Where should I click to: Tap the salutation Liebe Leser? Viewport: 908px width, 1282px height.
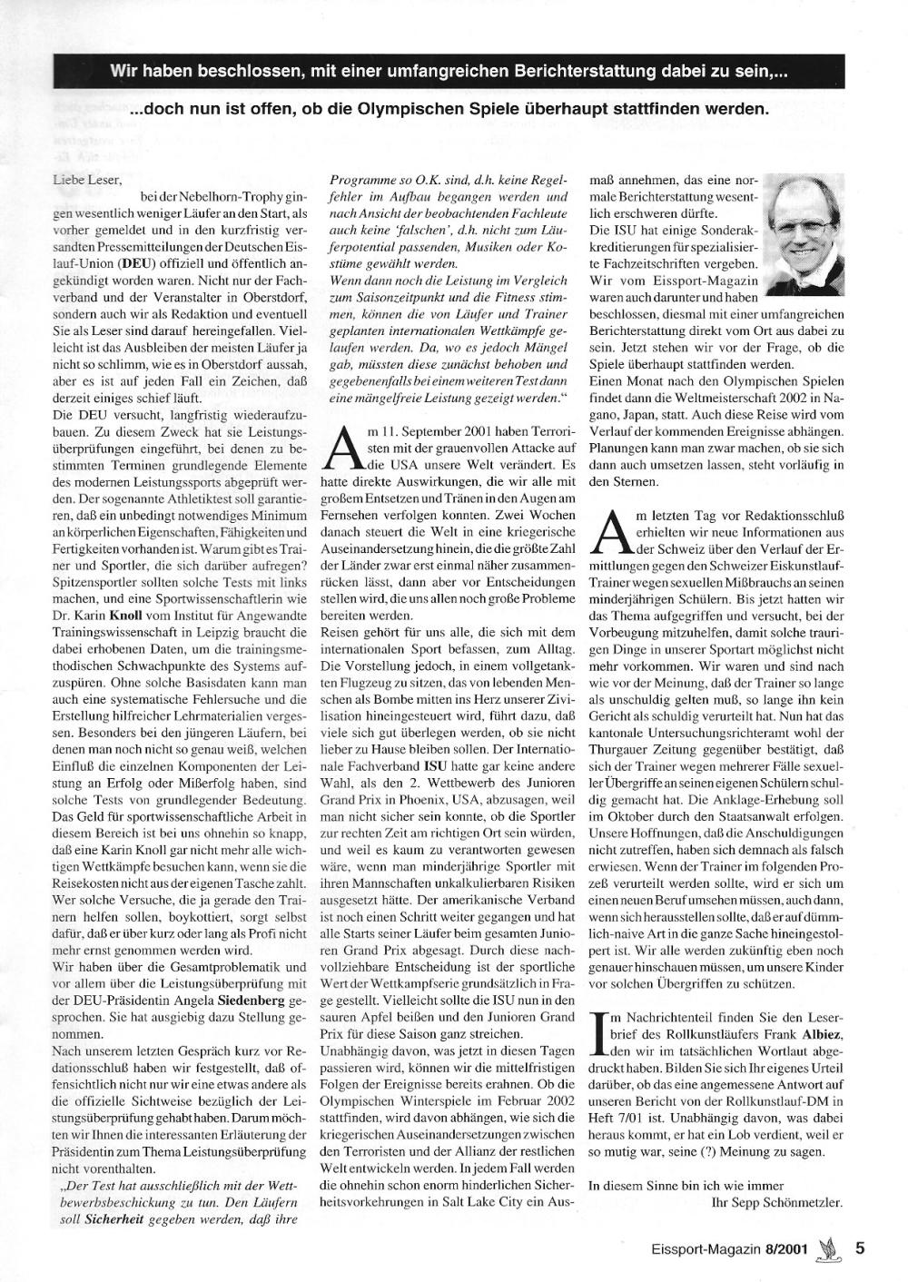(87, 180)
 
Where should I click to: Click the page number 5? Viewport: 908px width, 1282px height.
(859, 1248)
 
